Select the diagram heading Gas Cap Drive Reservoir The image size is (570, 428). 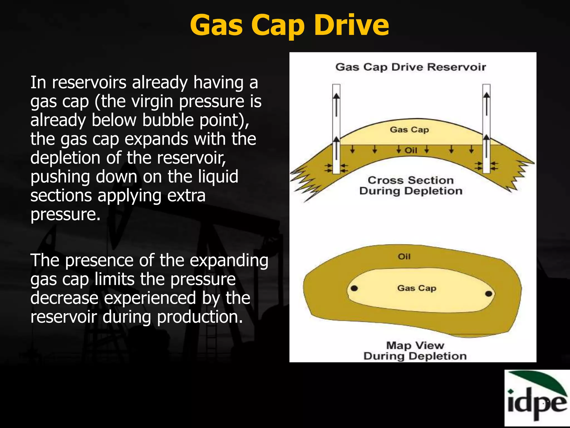pyautogui.click(x=411, y=67)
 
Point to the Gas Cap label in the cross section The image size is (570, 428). pyautogui.click(x=409, y=130)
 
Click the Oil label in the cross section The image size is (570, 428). pyautogui.click(x=411, y=150)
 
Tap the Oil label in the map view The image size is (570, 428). pyautogui.click(x=404, y=256)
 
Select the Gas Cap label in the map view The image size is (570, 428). pyautogui.click(x=417, y=288)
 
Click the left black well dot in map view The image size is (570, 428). pyautogui.click(x=354, y=288)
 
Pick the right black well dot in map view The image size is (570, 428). pyautogui.click(x=489, y=294)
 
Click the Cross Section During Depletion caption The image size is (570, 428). pyautogui.click(x=411, y=186)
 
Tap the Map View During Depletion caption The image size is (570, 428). pyautogui.click(x=415, y=351)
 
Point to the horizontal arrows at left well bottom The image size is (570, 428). pyautogui.click(x=336, y=168)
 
